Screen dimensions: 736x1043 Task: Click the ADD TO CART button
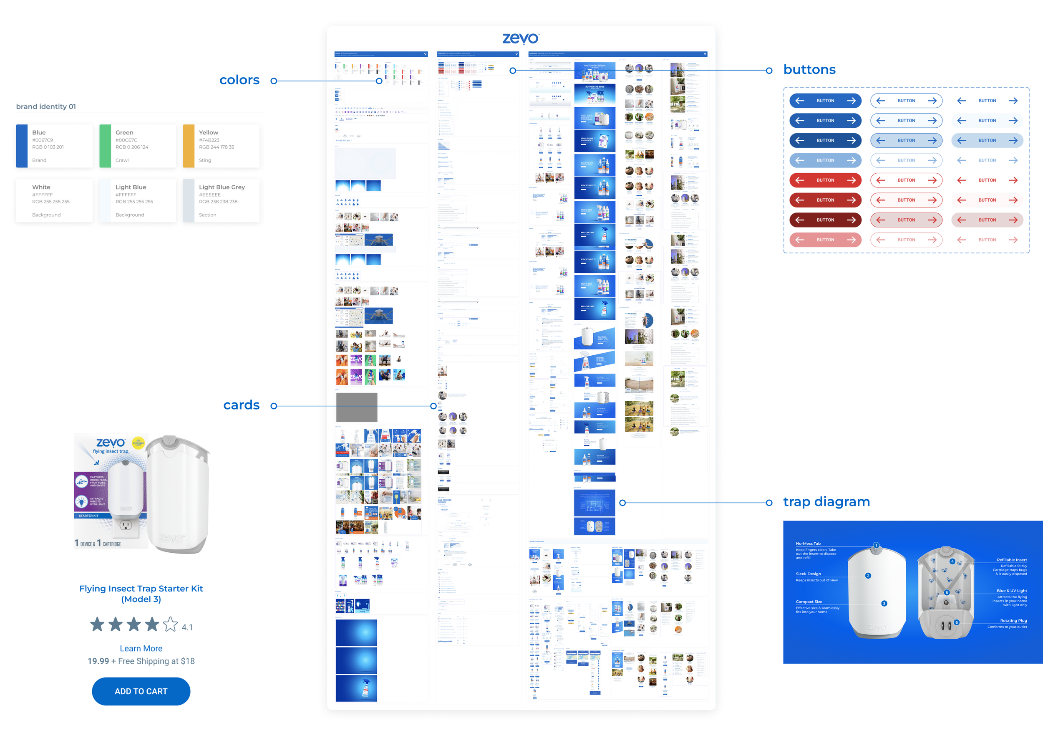141,691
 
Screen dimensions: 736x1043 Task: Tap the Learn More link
141,648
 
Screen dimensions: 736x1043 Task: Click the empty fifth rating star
170,624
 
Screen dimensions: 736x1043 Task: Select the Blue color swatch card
54,146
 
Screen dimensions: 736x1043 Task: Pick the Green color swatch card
138,146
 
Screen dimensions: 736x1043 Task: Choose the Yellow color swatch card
221,146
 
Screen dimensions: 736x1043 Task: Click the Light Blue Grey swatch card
221,200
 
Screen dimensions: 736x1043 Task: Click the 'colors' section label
239,80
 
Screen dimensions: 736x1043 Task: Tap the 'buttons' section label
809,70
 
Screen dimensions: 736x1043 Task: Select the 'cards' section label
241,405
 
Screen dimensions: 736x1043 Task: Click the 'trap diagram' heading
826,501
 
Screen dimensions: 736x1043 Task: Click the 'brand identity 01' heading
46,106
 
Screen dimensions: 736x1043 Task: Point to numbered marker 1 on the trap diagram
876,545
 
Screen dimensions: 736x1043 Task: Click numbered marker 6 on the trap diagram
957,622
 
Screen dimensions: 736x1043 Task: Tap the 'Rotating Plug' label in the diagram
1013,620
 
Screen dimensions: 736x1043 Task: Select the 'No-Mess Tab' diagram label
808,543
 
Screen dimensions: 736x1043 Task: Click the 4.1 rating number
187,627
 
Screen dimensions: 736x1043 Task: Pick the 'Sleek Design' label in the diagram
808,574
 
